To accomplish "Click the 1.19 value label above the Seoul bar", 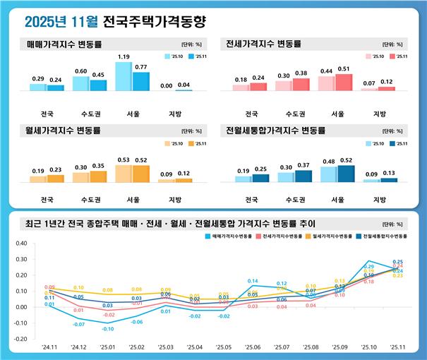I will tap(124, 56).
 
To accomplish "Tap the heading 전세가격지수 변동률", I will tap(263, 43).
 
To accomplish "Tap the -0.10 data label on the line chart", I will tap(108, 330).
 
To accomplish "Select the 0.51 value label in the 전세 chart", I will tap(344, 69).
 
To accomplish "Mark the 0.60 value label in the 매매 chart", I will tap(81, 71).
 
